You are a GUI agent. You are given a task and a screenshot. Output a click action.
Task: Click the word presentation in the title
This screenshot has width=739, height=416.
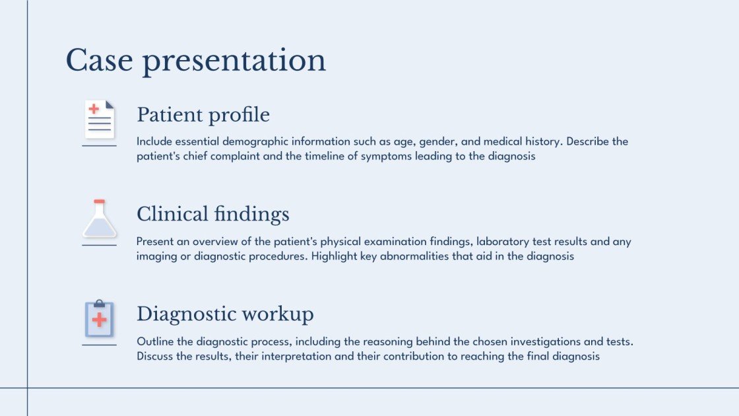(234, 61)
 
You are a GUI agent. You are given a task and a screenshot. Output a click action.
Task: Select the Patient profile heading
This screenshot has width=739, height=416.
(203, 115)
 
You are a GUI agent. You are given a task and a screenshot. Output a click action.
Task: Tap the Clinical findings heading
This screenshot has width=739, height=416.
(212, 214)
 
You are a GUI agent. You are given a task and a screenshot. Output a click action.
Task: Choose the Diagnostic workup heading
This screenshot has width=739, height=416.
(225, 314)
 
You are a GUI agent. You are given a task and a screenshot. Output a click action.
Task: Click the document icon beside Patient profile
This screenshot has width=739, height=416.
(100, 119)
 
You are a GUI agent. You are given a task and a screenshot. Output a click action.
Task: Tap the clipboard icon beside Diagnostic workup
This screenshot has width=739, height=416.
(100, 319)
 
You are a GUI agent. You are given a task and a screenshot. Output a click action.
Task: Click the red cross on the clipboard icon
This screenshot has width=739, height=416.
(100, 320)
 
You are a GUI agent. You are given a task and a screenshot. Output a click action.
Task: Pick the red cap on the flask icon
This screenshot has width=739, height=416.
(100, 201)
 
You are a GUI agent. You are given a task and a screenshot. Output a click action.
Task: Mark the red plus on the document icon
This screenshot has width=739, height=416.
(94, 109)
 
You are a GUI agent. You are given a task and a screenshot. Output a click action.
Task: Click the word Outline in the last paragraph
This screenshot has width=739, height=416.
(155, 341)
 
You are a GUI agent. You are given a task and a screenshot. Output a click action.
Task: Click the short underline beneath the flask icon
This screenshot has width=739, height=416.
(100, 245)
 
